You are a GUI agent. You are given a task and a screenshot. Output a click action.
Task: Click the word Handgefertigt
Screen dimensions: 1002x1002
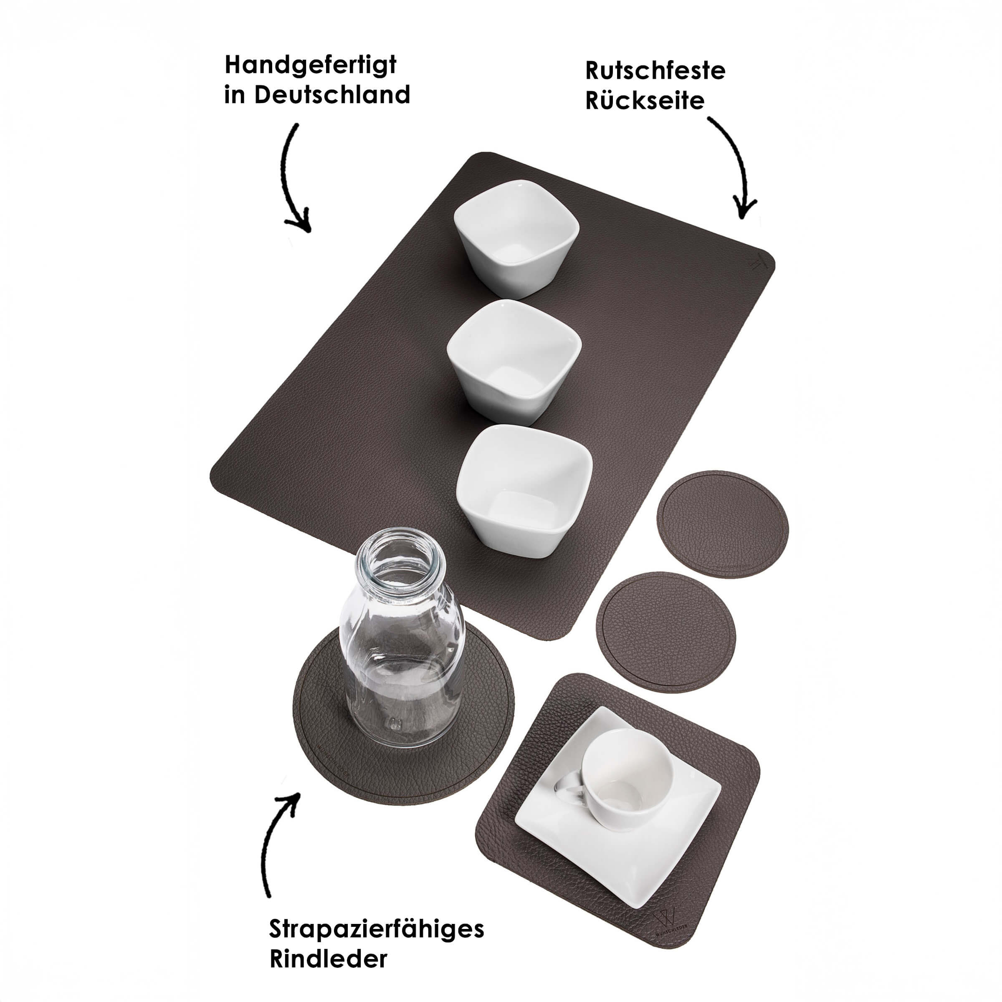(x=310, y=66)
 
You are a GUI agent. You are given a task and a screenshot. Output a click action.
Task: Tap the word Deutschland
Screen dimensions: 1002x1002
(x=332, y=95)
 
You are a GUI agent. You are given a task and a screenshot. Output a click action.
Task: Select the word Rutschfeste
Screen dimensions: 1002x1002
(x=655, y=71)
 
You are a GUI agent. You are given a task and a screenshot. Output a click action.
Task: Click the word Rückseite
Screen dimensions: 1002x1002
(x=645, y=100)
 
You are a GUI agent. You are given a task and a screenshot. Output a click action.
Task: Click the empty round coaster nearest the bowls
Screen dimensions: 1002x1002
(x=722, y=524)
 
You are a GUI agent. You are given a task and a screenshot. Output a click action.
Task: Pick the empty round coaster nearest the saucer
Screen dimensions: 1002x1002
(x=666, y=632)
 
